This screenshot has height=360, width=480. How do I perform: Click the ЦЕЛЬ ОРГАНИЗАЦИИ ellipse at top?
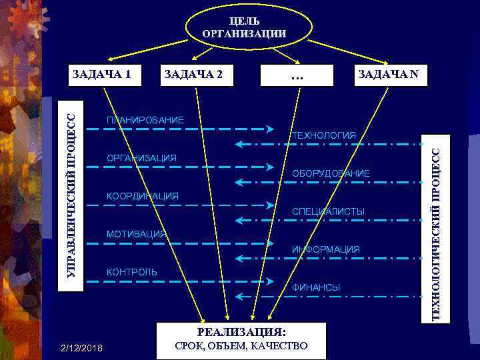(x=244, y=27)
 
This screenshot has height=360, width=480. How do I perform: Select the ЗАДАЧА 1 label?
(x=99, y=73)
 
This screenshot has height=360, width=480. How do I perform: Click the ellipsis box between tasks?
(x=297, y=76)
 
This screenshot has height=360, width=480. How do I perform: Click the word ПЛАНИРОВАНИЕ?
(x=145, y=120)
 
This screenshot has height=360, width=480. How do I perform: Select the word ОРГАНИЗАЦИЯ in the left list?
(x=141, y=158)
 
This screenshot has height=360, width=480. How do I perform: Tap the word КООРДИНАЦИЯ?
(x=143, y=196)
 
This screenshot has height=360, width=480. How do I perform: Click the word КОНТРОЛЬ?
(x=132, y=272)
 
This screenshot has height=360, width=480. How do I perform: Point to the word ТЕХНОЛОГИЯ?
(x=324, y=136)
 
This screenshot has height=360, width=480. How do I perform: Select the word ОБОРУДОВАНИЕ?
(x=331, y=173)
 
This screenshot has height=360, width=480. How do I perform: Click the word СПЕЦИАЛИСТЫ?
(x=328, y=211)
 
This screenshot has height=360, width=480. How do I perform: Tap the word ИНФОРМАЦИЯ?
(x=326, y=249)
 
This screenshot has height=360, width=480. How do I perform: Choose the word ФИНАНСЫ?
(x=316, y=287)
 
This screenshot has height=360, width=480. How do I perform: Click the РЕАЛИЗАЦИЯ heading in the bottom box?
(x=241, y=331)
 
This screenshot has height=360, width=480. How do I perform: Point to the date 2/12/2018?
(x=81, y=347)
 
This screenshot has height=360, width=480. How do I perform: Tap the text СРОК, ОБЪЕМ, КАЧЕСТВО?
(x=241, y=346)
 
